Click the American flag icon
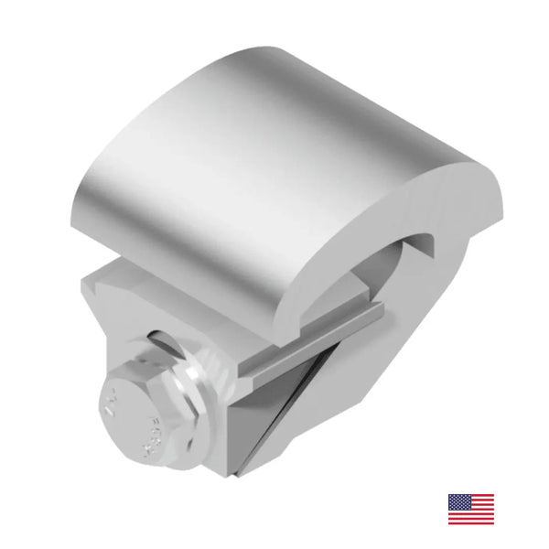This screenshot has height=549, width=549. click(470, 509)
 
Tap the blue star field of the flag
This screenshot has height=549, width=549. click(458, 502)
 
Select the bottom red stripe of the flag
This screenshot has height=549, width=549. click(470, 522)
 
